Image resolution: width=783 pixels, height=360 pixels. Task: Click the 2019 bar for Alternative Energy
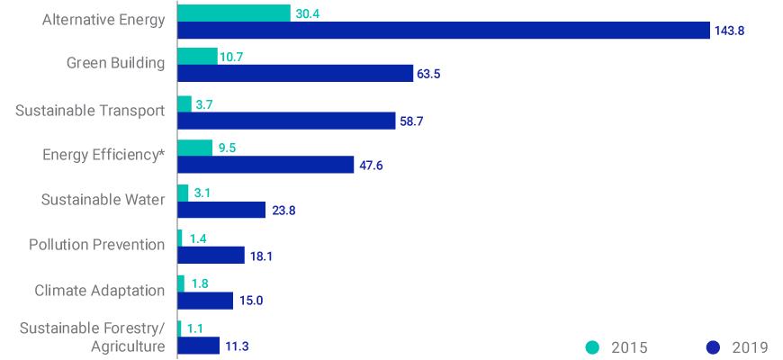pos(444,31)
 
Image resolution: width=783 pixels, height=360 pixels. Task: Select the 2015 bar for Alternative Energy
pos(234,13)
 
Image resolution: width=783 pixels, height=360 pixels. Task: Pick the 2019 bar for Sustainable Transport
pos(286,121)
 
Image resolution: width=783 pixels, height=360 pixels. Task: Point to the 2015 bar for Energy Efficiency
pos(195,148)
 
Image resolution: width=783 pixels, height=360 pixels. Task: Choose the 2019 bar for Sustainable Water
pos(221,211)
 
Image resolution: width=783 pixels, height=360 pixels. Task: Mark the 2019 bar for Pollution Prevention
pos(211,256)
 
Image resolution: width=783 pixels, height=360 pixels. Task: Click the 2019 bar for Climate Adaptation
pos(205,301)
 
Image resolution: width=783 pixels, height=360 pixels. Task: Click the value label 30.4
pos(309,13)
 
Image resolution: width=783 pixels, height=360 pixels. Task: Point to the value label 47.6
pos(372,166)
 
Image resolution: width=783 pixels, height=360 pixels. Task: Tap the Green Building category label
pos(115,63)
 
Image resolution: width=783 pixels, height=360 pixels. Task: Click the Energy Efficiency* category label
pos(103,154)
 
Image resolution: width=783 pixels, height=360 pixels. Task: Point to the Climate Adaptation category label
pos(99,290)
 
